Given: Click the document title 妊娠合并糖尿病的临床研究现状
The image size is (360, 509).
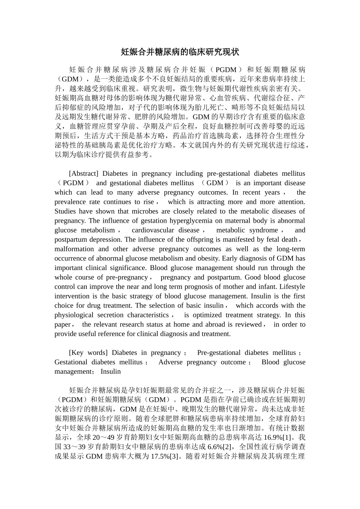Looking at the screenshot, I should pyautogui.click(x=180, y=52).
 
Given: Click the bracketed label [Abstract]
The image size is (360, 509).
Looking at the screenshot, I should pyautogui.click(x=83, y=173).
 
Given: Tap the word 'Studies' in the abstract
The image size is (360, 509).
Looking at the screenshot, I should pyautogui.click(x=65, y=211).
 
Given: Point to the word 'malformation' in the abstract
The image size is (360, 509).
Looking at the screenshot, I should pyautogui.click(x=74, y=249).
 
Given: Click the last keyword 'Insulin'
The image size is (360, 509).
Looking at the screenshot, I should pyautogui.click(x=111, y=372).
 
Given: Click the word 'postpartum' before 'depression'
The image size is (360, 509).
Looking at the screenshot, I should pyautogui.click(x=70, y=240).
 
